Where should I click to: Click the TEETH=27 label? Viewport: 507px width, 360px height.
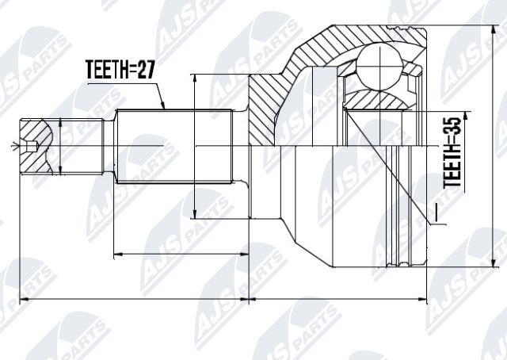pyautogui.click(x=120, y=69)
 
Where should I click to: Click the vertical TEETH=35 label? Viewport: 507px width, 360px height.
pyautogui.click(x=452, y=152)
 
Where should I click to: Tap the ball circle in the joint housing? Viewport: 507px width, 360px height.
pyautogui.click(x=380, y=67)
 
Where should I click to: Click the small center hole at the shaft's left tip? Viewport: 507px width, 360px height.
pyautogui.click(x=32, y=147)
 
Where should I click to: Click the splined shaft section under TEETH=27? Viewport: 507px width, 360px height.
pyautogui.click(x=174, y=147)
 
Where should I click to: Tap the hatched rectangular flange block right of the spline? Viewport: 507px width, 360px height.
pyautogui.click(x=262, y=110)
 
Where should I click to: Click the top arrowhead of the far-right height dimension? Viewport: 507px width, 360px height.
pyautogui.click(x=494, y=31)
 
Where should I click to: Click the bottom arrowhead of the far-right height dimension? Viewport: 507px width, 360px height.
pyautogui.click(x=494, y=262)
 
